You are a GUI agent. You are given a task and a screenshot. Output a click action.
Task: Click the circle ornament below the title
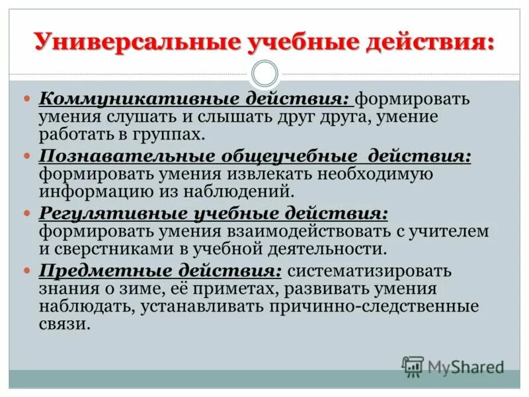tap(265, 73)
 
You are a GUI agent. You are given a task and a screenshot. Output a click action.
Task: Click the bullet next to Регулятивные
tap(27, 214)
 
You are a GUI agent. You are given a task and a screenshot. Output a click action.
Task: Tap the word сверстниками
tap(108, 249)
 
